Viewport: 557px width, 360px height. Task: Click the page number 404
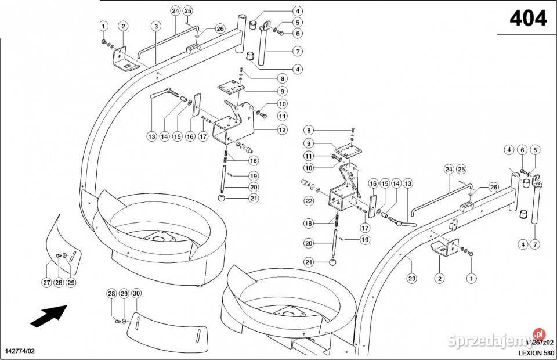pyautogui.click(x=527, y=20)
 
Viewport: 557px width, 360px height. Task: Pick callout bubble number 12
pyautogui.click(x=282, y=130)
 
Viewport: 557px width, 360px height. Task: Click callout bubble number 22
pyautogui.click(x=309, y=201)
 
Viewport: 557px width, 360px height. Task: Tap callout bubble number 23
pyautogui.click(x=411, y=279)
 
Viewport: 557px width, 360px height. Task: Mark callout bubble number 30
pyautogui.click(x=136, y=294)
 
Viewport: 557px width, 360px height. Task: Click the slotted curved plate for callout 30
pyautogui.click(x=168, y=329)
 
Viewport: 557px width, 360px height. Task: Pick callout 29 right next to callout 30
pyautogui.click(x=124, y=294)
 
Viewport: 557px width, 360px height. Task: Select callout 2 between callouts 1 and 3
pyautogui.click(x=123, y=26)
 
